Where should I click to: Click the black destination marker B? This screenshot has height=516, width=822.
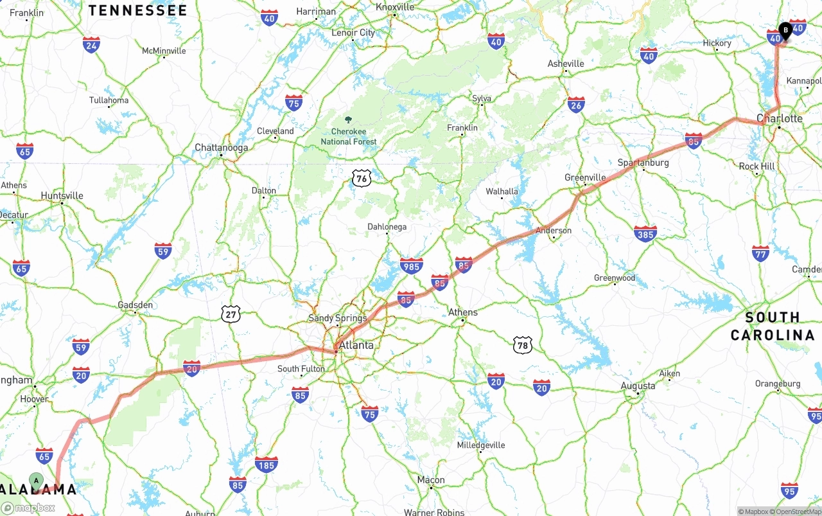pyautogui.click(x=785, y=30)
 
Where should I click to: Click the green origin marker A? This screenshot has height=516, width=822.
pyautogui.click(x=37, y=480)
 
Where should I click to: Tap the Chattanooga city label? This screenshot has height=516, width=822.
pyautogui.click(x=221, y=148)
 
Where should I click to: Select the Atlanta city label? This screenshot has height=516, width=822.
pyautogui.click(x=356, y=345)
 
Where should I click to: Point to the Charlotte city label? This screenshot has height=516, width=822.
pyautogui.click(x=780, y=118)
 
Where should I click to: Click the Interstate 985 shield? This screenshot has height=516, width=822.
pyautogui.click(x=411, y=265)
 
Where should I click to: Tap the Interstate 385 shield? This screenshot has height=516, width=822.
pyautogui.click(x=645, y=234)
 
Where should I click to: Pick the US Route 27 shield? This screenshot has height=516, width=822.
pyautogui.click(x=231, y=314)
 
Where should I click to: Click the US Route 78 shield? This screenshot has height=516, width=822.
pyautogui.click(x=523, y=345)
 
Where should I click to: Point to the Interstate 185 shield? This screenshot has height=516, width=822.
pyautogui.click(x=267, y=465)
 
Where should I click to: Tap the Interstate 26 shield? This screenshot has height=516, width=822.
pyautogui.click(x=576, y=105)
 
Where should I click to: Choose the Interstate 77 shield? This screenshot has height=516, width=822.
pyautogui.click(x=760, y=253)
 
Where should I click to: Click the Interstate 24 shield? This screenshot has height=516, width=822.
pyautogui.click(x=91, y=44)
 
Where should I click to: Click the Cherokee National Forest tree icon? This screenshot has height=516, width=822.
pyautogui.click(x=349, y=120)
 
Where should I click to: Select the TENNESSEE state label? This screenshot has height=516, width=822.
pyautogui.click(x=137, y=10)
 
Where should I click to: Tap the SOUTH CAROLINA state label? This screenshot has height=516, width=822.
pyautogui.click(x=773, y=326)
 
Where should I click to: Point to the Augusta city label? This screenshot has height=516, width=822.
pyautogui.click(x=638, y=386)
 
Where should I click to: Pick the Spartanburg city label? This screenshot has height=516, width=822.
pyautogui.click(x=643, y=163)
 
